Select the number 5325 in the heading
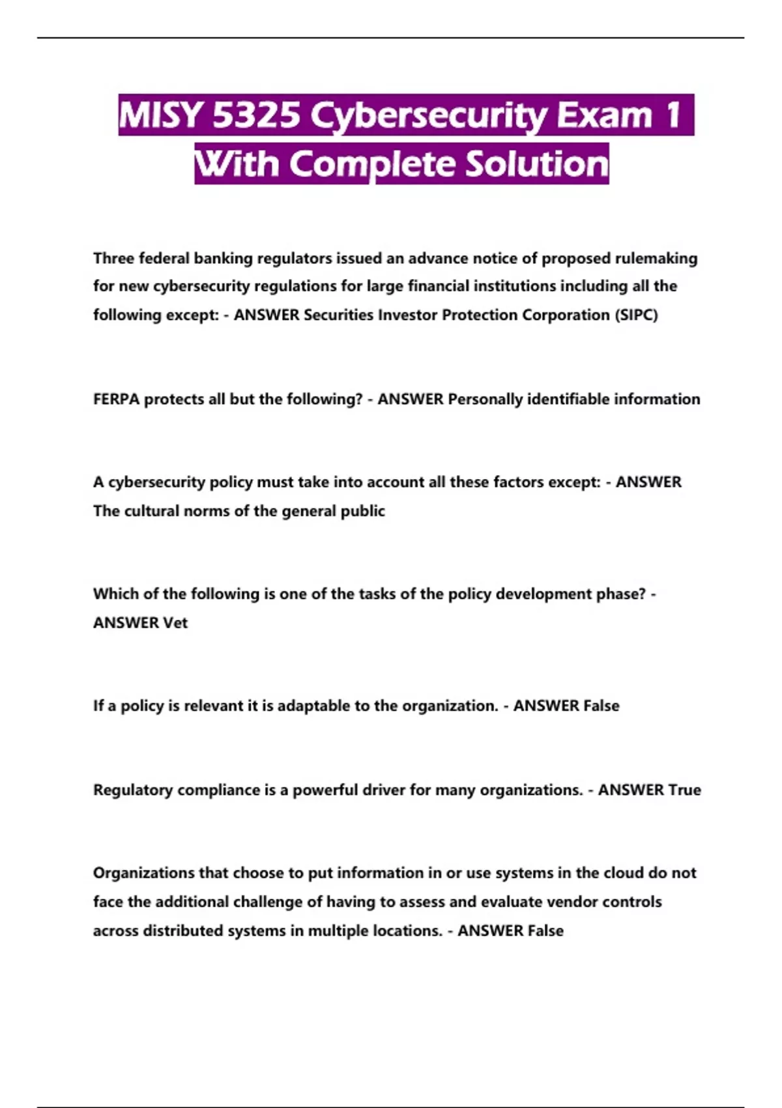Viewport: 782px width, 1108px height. point(257,115)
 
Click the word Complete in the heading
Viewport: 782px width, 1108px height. point(372,164)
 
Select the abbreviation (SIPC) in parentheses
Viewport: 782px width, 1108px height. point(636,315)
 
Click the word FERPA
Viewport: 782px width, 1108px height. point(117,399)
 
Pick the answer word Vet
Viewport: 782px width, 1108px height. point(175,622)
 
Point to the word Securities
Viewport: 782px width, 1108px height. point(339,315)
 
